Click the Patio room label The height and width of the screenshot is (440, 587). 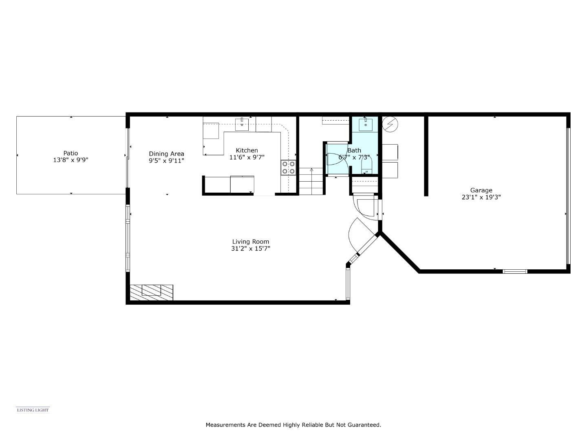pos(71,153)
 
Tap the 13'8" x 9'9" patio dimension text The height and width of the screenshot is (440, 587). pos(71,160)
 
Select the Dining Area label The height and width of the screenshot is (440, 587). pos(166,154)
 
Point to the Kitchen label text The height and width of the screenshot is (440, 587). pos(247,150)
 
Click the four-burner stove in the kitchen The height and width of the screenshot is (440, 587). pos(288,168)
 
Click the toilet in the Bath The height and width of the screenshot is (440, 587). pos(367,168)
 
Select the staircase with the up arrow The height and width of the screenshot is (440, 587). pos(311,181)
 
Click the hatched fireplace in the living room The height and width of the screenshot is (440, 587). pos(151,292)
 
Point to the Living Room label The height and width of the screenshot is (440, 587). pos(251,242)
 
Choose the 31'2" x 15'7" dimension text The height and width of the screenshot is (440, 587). pos(251,249)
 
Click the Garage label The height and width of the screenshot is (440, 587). pos(481,190)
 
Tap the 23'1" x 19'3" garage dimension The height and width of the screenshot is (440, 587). pos(481,197)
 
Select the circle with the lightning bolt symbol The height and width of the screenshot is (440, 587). pos(390,124)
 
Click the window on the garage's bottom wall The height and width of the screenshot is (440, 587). pos(515,271)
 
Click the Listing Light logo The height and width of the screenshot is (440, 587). pos(33,410)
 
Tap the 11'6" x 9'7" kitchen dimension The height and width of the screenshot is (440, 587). pos(247,157)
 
